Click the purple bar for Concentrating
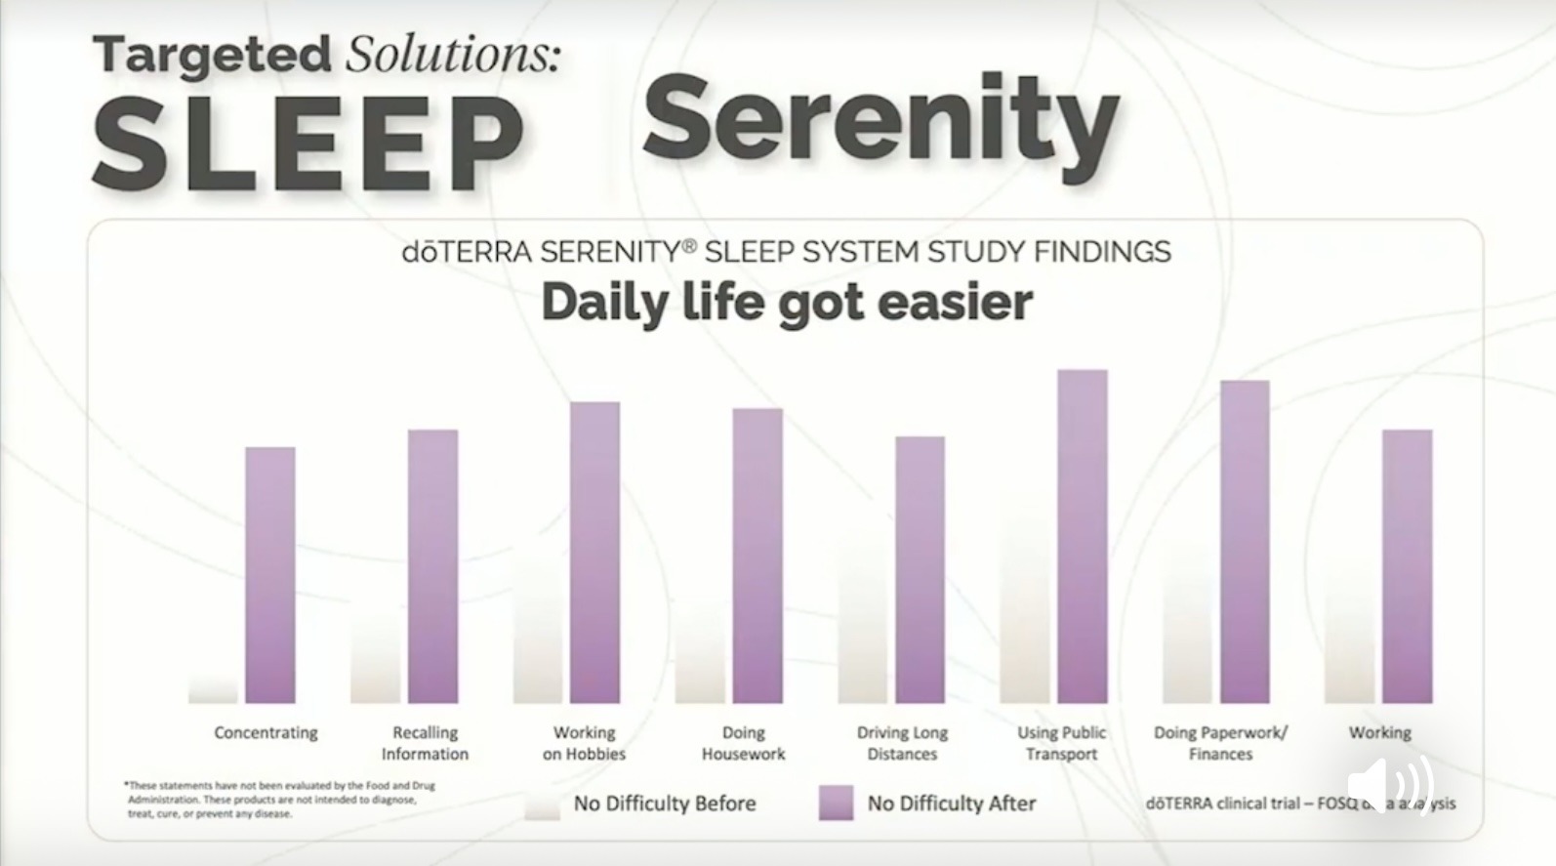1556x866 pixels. [270, 575]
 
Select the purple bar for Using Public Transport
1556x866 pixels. [1083, 536]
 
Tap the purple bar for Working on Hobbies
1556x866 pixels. [594, 553]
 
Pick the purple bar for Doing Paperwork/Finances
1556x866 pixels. [1245, 542]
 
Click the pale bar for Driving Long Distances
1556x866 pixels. [863, 625]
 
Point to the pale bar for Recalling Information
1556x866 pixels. [376, 659]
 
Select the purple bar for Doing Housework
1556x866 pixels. [758, 556]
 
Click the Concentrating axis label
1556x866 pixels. [266, 732]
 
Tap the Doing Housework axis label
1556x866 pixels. [743, 743]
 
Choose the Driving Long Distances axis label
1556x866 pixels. [902, 743]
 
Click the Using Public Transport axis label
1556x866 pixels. [1062, 743]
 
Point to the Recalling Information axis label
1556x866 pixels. [425, 743]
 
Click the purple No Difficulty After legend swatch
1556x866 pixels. [836, 803]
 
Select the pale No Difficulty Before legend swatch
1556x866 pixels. [542, 804]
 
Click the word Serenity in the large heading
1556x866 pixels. [880, 120]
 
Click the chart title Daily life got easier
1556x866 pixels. [787, 302]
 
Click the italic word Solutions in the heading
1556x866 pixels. [453, 54]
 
